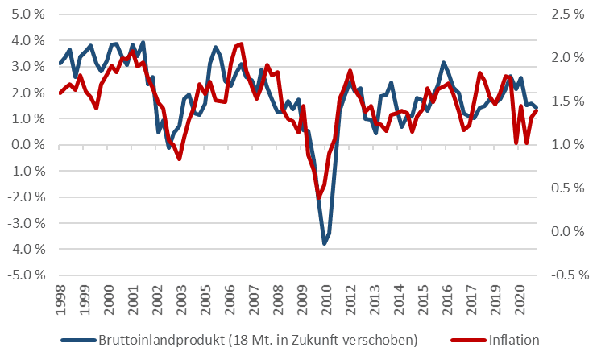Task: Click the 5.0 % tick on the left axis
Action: pos(26,14)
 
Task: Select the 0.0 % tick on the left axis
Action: pos(26,145)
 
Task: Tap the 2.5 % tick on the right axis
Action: pos(567,14)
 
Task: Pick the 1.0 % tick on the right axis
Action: pos(567,145)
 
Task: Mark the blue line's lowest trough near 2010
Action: pos(325,243)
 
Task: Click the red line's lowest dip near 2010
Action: pos(319,197)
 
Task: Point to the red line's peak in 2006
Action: pos(241,43)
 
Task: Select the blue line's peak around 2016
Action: pos(443,63)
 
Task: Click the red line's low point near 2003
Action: pos(179,159)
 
